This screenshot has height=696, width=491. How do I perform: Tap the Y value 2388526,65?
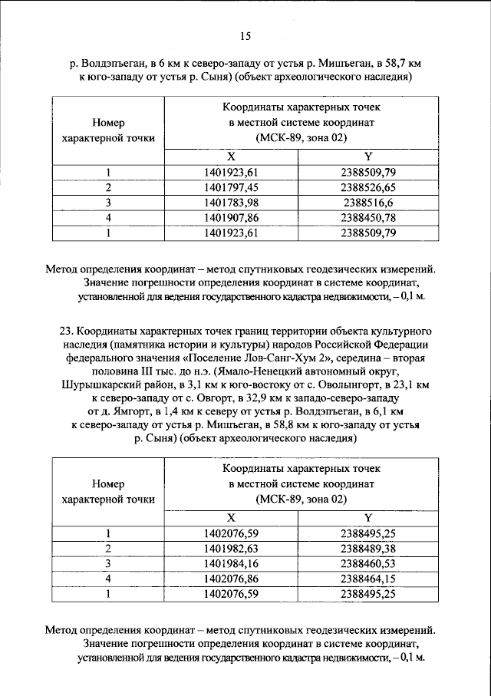[368, 187]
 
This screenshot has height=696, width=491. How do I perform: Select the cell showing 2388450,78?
[368, 218]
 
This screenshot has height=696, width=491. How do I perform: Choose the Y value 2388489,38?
[368, 548]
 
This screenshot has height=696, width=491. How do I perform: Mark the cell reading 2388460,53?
[368, 563]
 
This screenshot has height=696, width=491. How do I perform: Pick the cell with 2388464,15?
[368, 579]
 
